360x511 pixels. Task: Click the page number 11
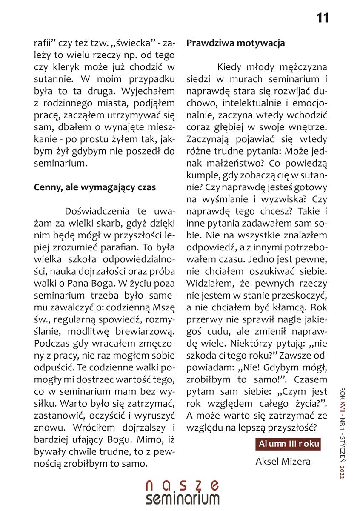tap(323, 18)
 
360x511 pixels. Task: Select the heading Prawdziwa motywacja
tap(235, 43)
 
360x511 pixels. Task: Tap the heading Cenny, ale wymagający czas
tap(95, 187)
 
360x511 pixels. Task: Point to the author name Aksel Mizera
tap(283, 461)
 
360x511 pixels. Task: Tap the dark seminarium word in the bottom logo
tap(183, 499)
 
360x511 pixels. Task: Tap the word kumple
tap(200, 175)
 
